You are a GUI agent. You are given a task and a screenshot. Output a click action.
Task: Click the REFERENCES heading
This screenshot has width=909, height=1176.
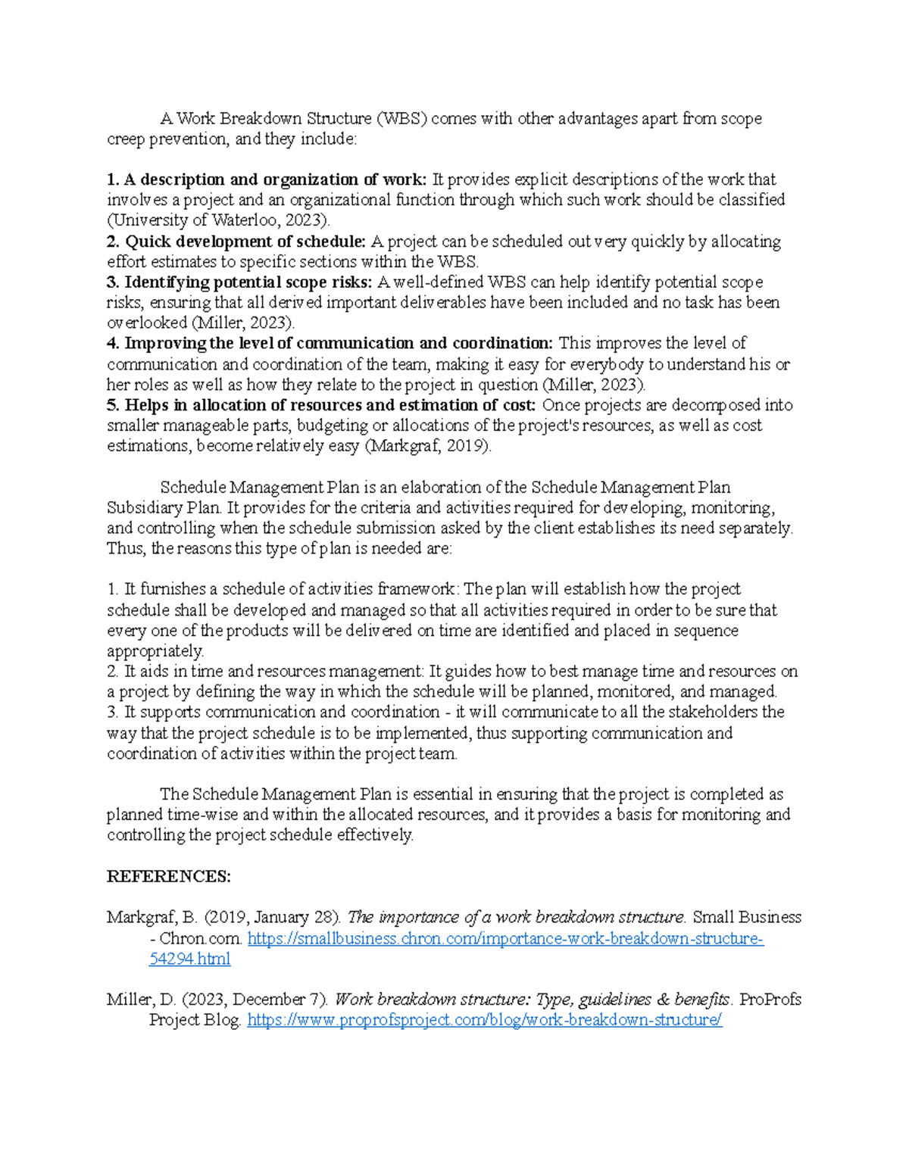pos(168,877)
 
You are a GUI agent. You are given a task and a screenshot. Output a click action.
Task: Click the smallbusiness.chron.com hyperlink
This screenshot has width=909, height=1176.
pos(505,939)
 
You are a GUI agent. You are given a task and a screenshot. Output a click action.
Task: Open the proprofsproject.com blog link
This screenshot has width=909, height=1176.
pos(485,1020)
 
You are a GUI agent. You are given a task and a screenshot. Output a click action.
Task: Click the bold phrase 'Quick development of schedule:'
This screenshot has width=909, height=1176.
pos(245,242)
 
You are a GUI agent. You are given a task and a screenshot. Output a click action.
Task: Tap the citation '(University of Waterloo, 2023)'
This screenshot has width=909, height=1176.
pos(219,221)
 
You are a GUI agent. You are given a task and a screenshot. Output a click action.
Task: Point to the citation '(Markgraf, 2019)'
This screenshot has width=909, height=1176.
pos(428,446)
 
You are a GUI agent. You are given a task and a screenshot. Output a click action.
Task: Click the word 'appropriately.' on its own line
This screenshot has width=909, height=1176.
pos(155,651)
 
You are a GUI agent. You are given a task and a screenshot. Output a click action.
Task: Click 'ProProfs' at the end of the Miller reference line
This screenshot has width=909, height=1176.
pos(770,1000)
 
